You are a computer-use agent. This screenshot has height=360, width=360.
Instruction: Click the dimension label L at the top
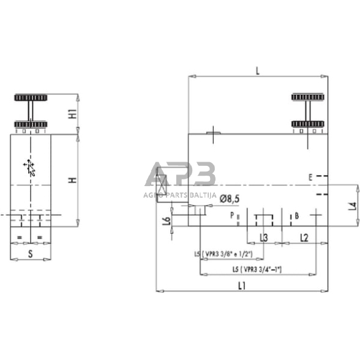click(x=257, y=71)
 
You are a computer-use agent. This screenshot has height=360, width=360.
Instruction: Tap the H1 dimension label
click(x=72, y=113)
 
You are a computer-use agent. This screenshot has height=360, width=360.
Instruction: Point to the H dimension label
click(x=72, y=180)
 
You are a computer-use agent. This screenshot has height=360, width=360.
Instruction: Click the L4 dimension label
click(x=351, y=206)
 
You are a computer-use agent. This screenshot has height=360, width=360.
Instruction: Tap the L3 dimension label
click(x=263, y=237)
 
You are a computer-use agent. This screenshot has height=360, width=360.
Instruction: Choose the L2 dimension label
click(x=304, y=237)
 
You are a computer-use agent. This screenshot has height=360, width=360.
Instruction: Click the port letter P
click(x=232, y=216)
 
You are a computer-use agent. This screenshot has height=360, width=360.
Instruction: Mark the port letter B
click(x=296, y=216)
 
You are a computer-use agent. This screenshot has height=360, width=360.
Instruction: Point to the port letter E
click(x=310, y=177)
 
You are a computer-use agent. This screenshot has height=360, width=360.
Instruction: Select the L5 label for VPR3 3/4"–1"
click(x=257, y=269)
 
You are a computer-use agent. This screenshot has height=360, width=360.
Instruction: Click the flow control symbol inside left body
click(x=29, y=167)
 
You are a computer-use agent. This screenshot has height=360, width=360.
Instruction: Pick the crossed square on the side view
click(x=162, y=184)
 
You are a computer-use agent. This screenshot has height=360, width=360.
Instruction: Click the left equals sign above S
click(x=21, y=237)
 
